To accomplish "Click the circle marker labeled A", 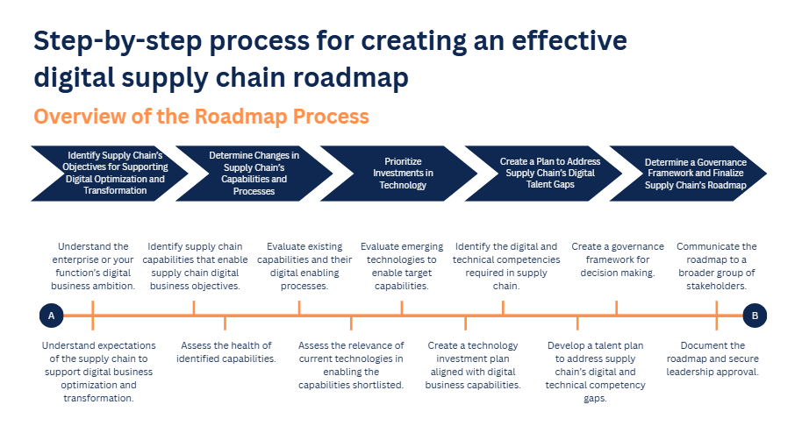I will [x=52, y=316].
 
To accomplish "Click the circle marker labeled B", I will [x=755, y=316].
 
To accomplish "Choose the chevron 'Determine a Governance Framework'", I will [x=693, y=173].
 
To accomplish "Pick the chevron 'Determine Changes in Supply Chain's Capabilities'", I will [x=254, y=173].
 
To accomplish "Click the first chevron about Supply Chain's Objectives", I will [x=111, y=173].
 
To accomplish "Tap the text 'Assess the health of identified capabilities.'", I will [x=226, y=352].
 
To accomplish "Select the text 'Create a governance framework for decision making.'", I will [x=618, y=259].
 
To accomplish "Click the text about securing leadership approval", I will [x=718, y=358].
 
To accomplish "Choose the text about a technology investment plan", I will [x=474, y=365].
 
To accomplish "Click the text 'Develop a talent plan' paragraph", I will [x=597, y=372].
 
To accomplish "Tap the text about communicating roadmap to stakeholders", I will [x=717, y=266].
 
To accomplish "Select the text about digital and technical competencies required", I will [x=505, y=266].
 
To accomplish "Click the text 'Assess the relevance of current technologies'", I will [x=351, y=365].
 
